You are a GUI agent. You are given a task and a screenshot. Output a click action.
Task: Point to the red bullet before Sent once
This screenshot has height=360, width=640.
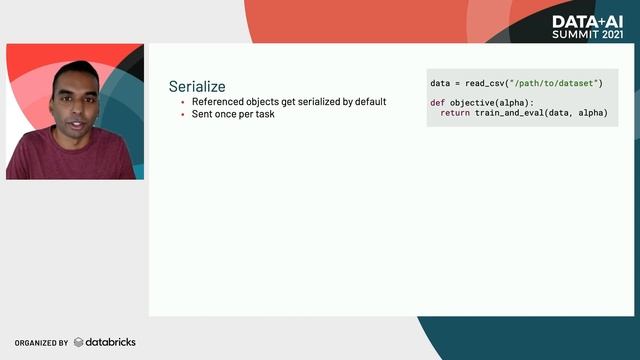tap(183, 114)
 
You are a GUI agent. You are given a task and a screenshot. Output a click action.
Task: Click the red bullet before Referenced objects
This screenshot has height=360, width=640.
tap(183, 102)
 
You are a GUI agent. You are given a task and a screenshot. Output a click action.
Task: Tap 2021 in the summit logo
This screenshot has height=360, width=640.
tap(611, 35)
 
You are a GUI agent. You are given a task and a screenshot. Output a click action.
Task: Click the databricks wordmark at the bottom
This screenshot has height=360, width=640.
tap(111, 342)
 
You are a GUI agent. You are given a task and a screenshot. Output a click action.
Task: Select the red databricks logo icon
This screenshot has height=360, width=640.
tap(79, 342)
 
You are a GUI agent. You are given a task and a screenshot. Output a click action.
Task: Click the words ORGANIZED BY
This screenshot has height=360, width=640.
tap(41, 343)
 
